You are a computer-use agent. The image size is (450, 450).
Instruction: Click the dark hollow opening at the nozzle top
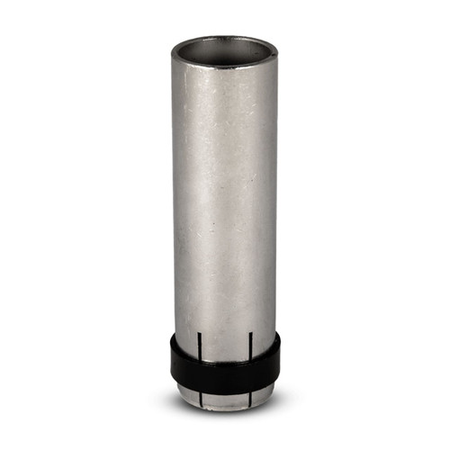pyautogui.click(x=225, y=49)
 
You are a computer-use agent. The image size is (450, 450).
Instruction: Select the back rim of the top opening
pyautogui.click(x=225, y=38)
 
